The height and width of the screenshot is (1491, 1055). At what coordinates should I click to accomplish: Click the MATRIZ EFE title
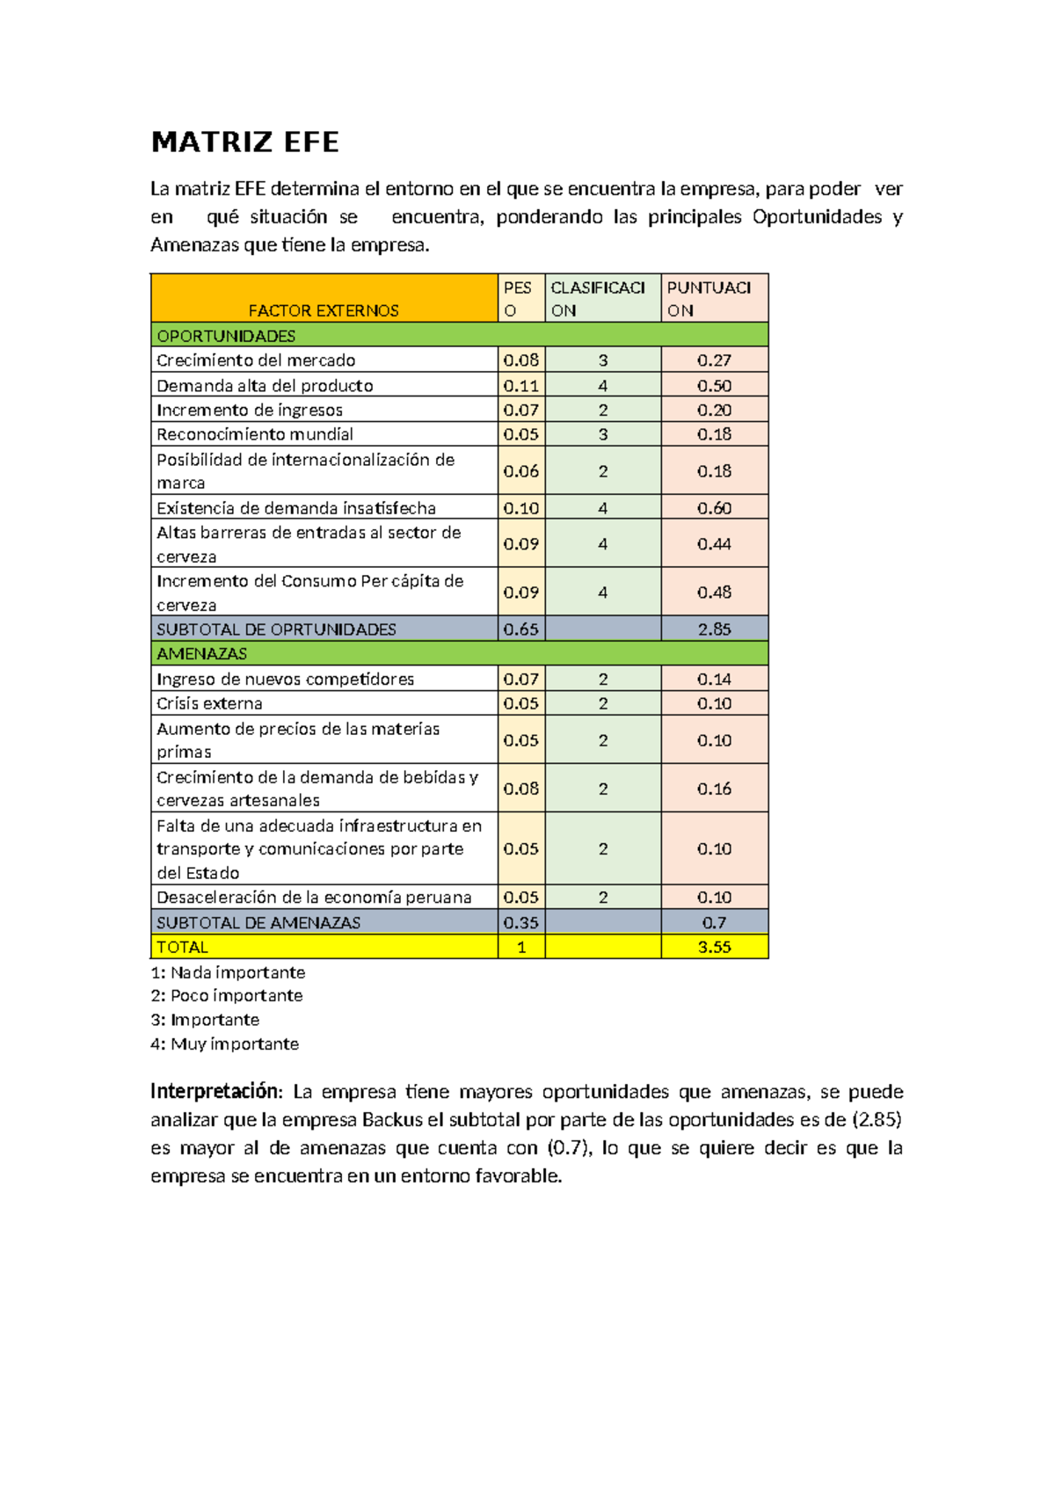[x=244, y=142]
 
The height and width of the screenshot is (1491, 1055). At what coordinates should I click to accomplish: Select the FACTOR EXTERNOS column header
[x=324, y=310]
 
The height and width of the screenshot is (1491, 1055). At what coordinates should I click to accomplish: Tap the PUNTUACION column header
[x=709, y=299]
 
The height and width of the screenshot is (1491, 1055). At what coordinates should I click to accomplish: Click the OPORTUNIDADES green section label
[x=226, y=336]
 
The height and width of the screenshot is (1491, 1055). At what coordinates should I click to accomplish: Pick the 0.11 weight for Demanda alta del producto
[x=520, y=385]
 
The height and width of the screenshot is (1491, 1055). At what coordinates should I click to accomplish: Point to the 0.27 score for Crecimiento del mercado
[x=714, y=360]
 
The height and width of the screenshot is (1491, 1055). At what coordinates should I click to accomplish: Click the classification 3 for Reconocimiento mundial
[x=603, y=434]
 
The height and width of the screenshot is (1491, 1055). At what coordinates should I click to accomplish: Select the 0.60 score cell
[x=714, y=508]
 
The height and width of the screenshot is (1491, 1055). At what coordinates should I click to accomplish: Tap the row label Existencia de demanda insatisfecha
[x=296, y=508]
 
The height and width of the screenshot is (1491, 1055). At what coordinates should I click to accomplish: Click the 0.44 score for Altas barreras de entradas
[x=714, y=544]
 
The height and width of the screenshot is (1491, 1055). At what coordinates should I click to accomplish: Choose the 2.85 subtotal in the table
[x=714, y=629]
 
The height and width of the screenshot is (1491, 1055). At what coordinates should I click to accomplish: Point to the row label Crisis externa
[x=209, y=703]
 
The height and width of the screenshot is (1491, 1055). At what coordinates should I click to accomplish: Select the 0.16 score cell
[x=714, y=789]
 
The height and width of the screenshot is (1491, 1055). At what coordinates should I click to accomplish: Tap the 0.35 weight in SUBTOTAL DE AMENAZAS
[x=520, y=922]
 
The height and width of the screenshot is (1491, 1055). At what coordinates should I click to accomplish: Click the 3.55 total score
[x=714, y=947]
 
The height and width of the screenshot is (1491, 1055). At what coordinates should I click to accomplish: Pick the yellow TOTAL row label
[x=182, y=947]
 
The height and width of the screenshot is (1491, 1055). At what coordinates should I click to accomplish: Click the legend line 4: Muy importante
[x=225, y=1044]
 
